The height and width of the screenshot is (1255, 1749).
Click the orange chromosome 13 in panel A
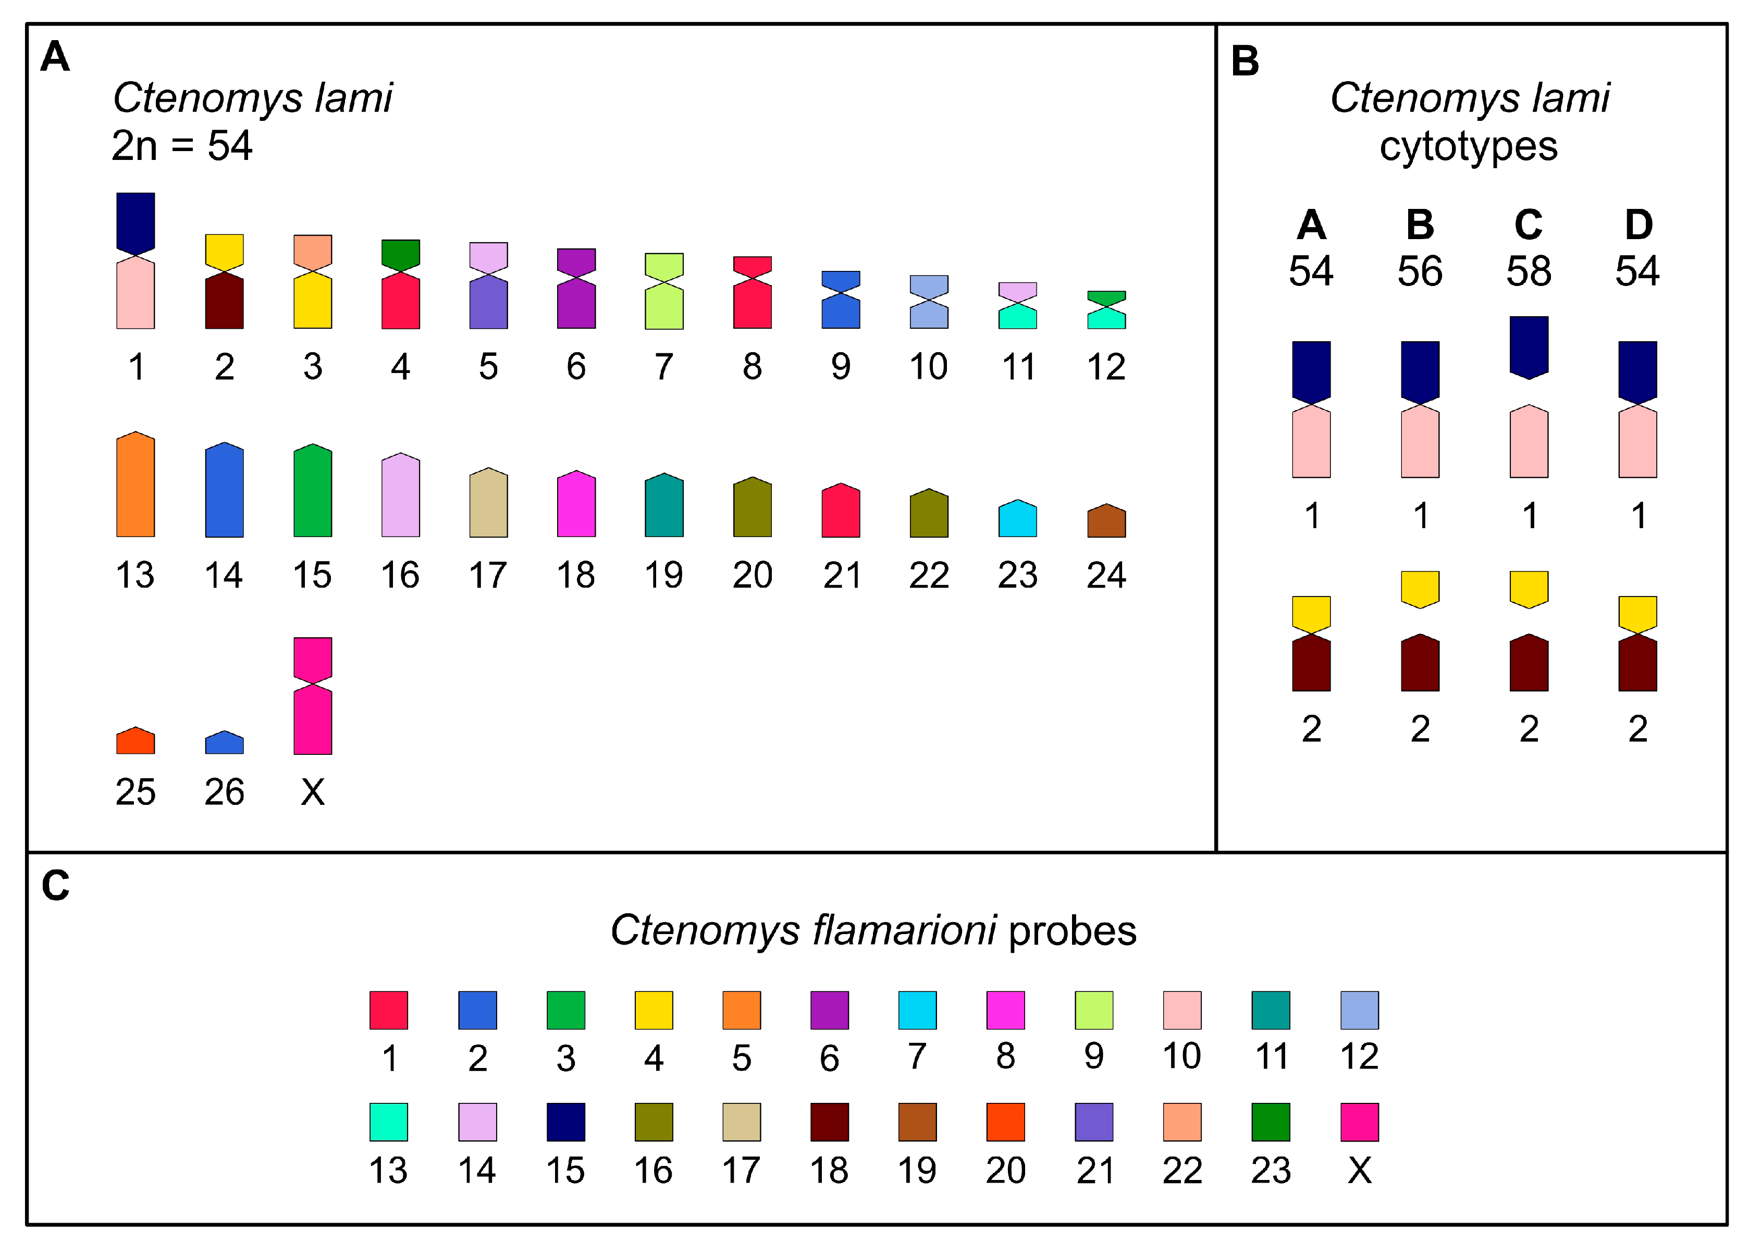pos(135,485)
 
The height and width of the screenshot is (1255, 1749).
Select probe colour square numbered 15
pos(565,1122)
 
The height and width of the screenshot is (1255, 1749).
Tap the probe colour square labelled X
pos(1360,1122)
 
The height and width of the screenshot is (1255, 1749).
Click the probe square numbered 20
pos(1006,1122)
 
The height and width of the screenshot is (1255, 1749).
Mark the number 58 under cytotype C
pos(1529,271)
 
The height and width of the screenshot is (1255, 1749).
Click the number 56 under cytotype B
pos(1420,271)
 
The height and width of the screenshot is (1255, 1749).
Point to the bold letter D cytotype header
pos(1638,225)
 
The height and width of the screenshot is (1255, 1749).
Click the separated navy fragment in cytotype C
pos(1529,346)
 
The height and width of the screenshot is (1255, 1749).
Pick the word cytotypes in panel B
pos(1468,146)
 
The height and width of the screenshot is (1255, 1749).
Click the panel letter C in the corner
pos(56,885)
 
